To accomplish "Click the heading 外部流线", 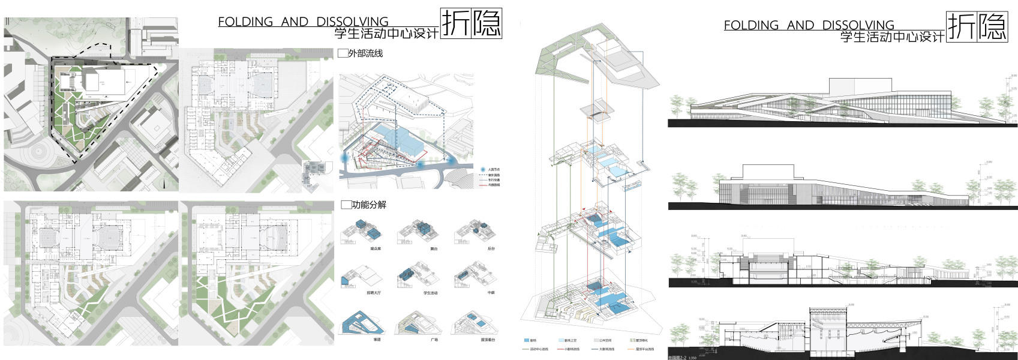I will tap(365, 53).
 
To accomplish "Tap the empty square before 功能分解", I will tap(346, 205).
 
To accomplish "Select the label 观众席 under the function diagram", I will tap(376, 248).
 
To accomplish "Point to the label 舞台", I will tap(434, 248).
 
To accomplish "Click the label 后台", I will tap(491, 248).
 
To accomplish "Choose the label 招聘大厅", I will tap(374, 293).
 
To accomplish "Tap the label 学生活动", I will tap(430, 293).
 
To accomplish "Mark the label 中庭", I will tap(491, 293).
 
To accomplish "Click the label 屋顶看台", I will tap(488, 340).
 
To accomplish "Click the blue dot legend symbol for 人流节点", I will tap(483, 170).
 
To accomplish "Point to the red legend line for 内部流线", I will tap(483, 185).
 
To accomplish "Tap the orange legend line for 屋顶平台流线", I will tap(629, 349).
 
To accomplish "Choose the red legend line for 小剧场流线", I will tap(560, 349).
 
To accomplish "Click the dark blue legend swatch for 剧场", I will tap(526, 340).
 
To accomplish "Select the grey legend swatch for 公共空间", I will tap(594, 340).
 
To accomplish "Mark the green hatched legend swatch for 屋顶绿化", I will tap(631, 340).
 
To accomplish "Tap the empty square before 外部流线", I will tap(343, 53).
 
